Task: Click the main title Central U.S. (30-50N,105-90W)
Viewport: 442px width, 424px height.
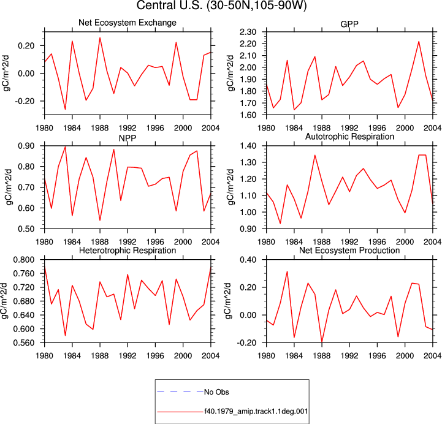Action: pyautogui.click(x=221, y=6)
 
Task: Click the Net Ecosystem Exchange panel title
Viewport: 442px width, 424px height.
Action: pyautogui.click(x=128, y=23)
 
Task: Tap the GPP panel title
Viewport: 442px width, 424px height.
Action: pyautogui.click(x=349, y=24)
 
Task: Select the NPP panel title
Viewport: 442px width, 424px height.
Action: pyautogui.click(x=128, y=138)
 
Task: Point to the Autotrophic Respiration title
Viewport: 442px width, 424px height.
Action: pyautogui.click(x=349, y=137)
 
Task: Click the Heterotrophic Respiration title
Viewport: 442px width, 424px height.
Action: pyautogui.click(x=128, y=251)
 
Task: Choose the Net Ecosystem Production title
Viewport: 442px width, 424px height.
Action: pyautogui.click(x=349, y=251)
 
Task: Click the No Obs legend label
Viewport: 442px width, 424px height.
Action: pyautogui.click(x=216, y=392)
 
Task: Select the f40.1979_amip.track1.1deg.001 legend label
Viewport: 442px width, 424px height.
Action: pyautogui.click(x=256, y=411)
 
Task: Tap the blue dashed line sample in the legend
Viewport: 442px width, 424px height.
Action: pyautogui.click(x=180, y=392)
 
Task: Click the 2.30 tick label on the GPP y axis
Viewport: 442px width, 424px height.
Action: pyautogui.click(x=248, y=32)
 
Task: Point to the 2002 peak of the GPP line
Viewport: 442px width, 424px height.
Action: pyautogui.click(x=419, y=42)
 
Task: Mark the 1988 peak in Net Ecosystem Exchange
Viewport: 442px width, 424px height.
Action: pyautogui.click(x=100, y=38)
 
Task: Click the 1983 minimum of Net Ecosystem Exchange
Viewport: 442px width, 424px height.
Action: pyautogui.click(x=65, y=109)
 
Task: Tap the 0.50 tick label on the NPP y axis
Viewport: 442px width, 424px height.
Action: pyautogui.click(x=26, y=229)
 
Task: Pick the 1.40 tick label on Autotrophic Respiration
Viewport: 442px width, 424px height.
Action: pyautogui.click(x=248, y=146)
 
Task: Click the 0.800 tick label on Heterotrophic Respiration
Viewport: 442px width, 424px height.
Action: pyautogui.click(x=24, y=259)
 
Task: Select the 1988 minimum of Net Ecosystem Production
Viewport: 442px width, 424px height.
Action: pyautogui.click(x=322, y=342)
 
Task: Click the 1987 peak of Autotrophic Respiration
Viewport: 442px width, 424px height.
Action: pyautogui.click(x=315, y=155)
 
